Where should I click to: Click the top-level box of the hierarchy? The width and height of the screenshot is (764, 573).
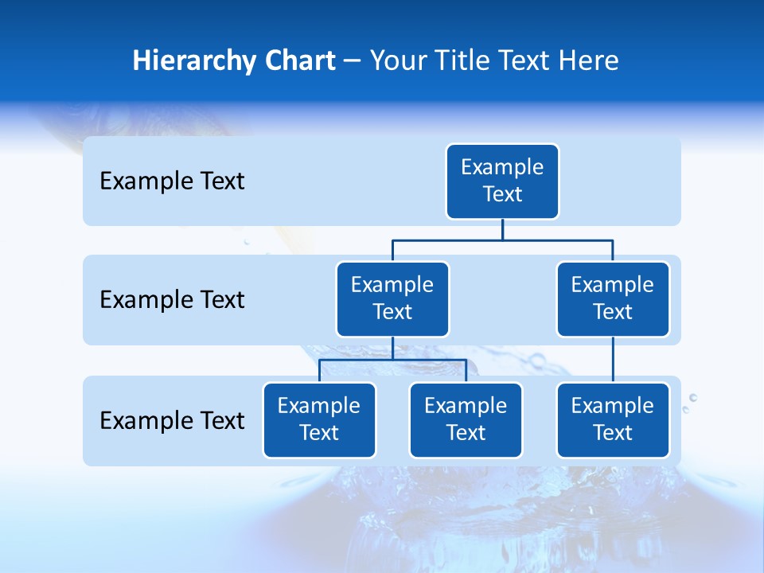point(502,181)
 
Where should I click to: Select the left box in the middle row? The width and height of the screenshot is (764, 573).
point(392,299)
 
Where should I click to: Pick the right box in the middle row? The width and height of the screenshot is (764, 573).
point(613,299)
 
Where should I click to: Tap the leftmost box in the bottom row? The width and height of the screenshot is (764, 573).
point(319,420)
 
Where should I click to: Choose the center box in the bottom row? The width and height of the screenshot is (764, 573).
point(466,420)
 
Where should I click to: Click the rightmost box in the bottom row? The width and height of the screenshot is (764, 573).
point(613,420)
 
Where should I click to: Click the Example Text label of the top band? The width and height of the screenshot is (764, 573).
point(172,181)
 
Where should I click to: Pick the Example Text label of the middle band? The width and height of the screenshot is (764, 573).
point(172,300)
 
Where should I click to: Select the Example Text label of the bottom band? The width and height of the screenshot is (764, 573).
point(172,421)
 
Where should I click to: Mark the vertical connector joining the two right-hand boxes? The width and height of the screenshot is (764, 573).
point(613,360)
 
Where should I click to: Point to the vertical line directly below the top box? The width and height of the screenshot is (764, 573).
point(502,229)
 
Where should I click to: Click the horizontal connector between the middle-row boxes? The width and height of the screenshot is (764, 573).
point(502,240)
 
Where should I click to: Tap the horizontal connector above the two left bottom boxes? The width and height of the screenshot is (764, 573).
point(392,360)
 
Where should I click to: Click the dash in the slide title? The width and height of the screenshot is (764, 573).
point(353,61)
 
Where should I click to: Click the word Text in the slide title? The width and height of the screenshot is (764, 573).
point(525,60)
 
